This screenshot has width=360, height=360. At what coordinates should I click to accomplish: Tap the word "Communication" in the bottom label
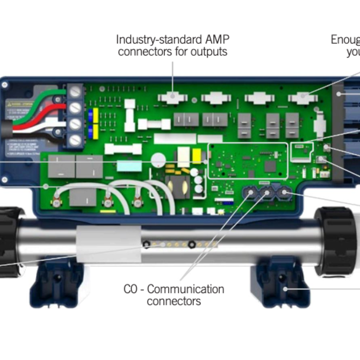tap(185, 289)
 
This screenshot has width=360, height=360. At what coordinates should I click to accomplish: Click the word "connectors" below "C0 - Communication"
tap(174, 301)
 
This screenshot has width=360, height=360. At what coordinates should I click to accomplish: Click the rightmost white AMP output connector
tap(302, 98)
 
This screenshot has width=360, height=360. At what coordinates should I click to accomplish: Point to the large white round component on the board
tap(158, 160)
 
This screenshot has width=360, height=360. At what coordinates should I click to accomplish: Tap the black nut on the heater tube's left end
tap(9, 242)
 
